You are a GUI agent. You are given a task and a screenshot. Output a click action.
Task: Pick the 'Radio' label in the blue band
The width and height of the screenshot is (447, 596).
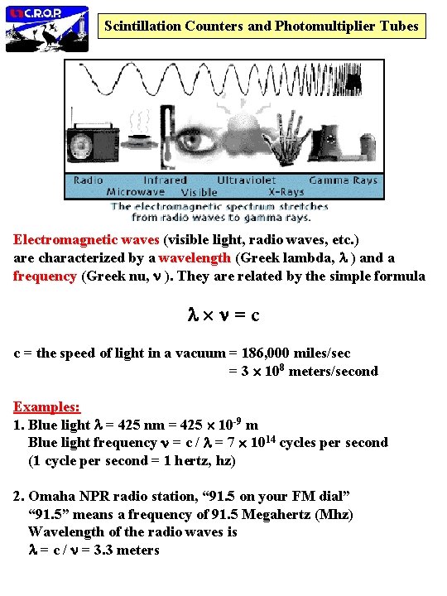(89, 180)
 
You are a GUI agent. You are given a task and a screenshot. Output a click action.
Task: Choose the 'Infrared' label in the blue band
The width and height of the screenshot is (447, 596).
(166, 180)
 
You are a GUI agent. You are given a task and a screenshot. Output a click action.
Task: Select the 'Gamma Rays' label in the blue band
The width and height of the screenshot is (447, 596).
(343, 180)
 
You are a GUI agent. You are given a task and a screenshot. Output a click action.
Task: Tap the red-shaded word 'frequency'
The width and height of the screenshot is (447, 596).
(45, 276)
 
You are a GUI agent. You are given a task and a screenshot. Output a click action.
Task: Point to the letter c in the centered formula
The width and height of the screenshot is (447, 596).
(255, 315)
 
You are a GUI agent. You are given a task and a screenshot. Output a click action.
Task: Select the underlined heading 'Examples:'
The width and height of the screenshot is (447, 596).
(46, 406)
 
